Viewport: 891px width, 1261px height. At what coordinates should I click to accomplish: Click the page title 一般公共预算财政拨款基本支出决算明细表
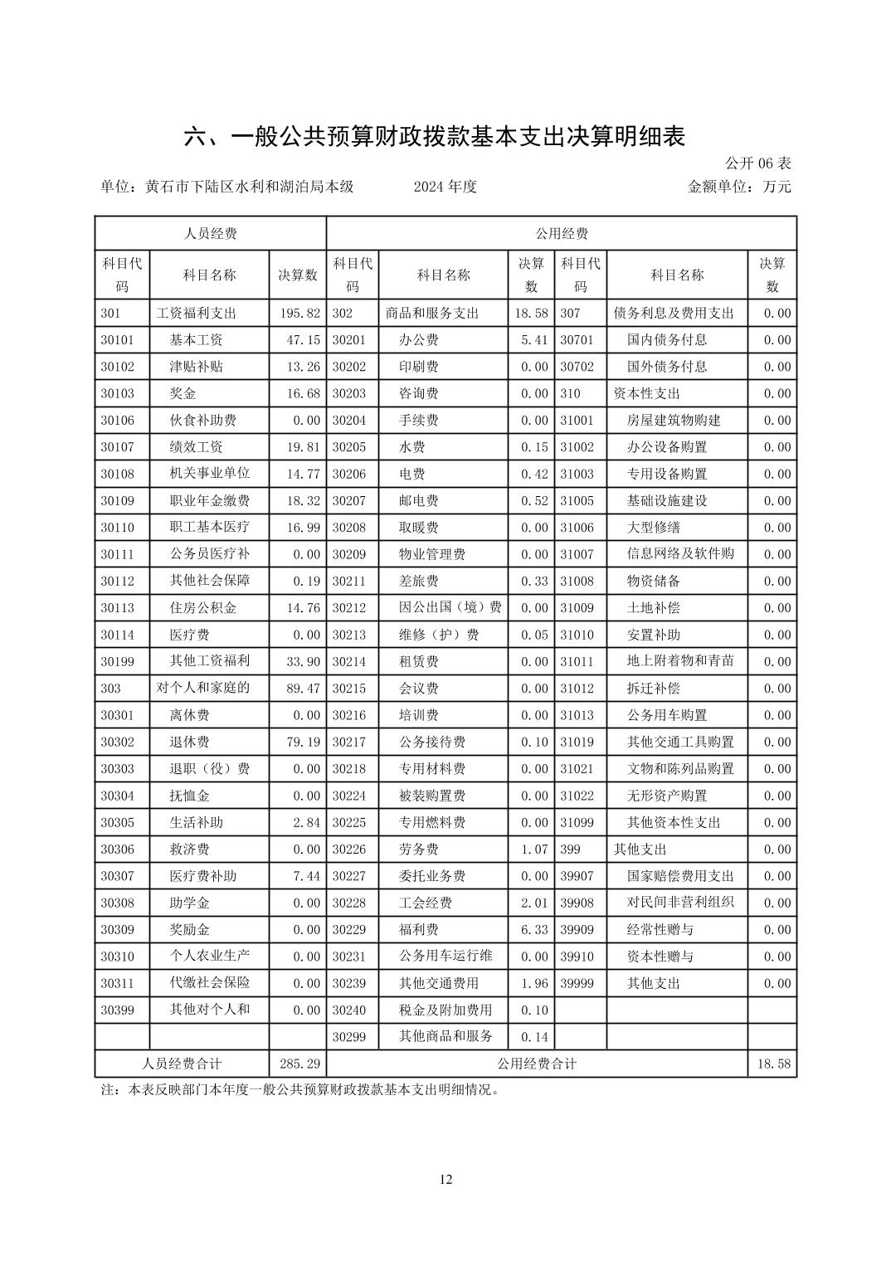click(434, 137)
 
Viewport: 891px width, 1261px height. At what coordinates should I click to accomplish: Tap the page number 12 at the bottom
click(446, 1180)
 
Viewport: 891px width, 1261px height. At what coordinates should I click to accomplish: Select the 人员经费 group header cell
click(210, 233)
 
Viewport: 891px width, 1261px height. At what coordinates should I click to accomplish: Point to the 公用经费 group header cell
click(562, 233)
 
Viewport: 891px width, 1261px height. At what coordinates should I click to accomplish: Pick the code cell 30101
click(118, 340)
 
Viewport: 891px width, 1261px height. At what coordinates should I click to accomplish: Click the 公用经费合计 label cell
click(537, 1064)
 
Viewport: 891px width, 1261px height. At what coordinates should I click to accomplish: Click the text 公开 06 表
click(758, 163)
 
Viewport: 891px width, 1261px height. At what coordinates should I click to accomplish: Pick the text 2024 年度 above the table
click(445, 187)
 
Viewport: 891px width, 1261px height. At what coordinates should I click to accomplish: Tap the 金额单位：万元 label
click(739, 187)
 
